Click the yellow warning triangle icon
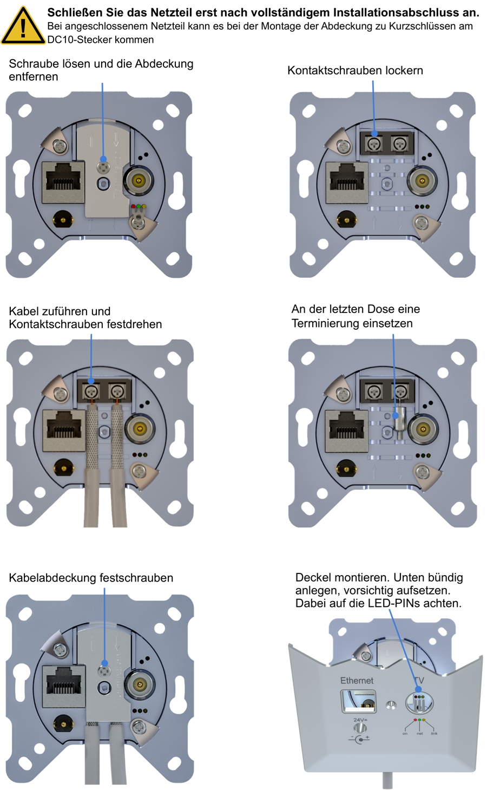click(x=23, y=27)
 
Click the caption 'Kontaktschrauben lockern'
click(x=355, y=70)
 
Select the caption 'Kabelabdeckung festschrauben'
click(x=91, y=578)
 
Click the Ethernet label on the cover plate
click(x=357, y=680)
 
